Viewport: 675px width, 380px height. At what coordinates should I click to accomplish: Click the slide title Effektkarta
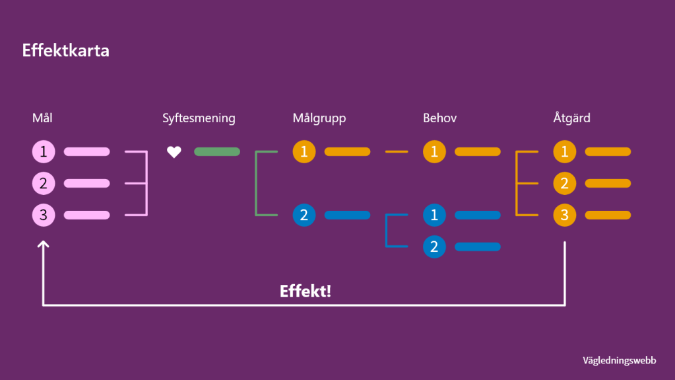point(65,51)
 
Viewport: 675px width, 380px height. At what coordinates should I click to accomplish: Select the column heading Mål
point(42,118)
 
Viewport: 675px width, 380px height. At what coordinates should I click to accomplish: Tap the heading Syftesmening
point(199,118)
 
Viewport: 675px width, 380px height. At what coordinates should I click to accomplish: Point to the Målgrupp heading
point(319,118)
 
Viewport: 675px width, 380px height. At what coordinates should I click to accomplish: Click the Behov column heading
point(440,118)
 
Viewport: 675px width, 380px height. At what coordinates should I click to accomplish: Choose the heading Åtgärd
point(571,118)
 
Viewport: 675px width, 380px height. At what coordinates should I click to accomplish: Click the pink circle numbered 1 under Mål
point(44,152)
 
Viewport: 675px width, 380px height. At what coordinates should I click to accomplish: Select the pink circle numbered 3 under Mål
point(44,215)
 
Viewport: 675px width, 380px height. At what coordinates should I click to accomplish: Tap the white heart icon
point(174,152)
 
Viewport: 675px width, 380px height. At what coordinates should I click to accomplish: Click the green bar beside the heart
point(217,152)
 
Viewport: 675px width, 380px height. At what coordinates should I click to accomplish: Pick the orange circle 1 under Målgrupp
point(304,152)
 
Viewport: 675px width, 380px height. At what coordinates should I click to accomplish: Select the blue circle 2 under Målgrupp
point(304,215)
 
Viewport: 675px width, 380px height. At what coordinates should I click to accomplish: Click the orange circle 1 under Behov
point(434,152)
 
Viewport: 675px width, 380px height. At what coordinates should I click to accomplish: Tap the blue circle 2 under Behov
point(434,247)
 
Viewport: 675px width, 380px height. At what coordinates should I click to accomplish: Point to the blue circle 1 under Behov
point(434,215)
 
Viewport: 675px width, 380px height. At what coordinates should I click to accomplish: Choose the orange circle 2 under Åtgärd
point(564,184)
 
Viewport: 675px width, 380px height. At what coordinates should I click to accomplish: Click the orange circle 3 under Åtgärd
point(564,215)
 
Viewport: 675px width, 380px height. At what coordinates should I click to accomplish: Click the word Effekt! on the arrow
point(305,291)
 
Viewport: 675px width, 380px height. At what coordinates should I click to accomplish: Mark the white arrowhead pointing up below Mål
point(44,245)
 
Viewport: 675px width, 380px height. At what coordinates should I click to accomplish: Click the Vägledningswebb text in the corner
point(619,360)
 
